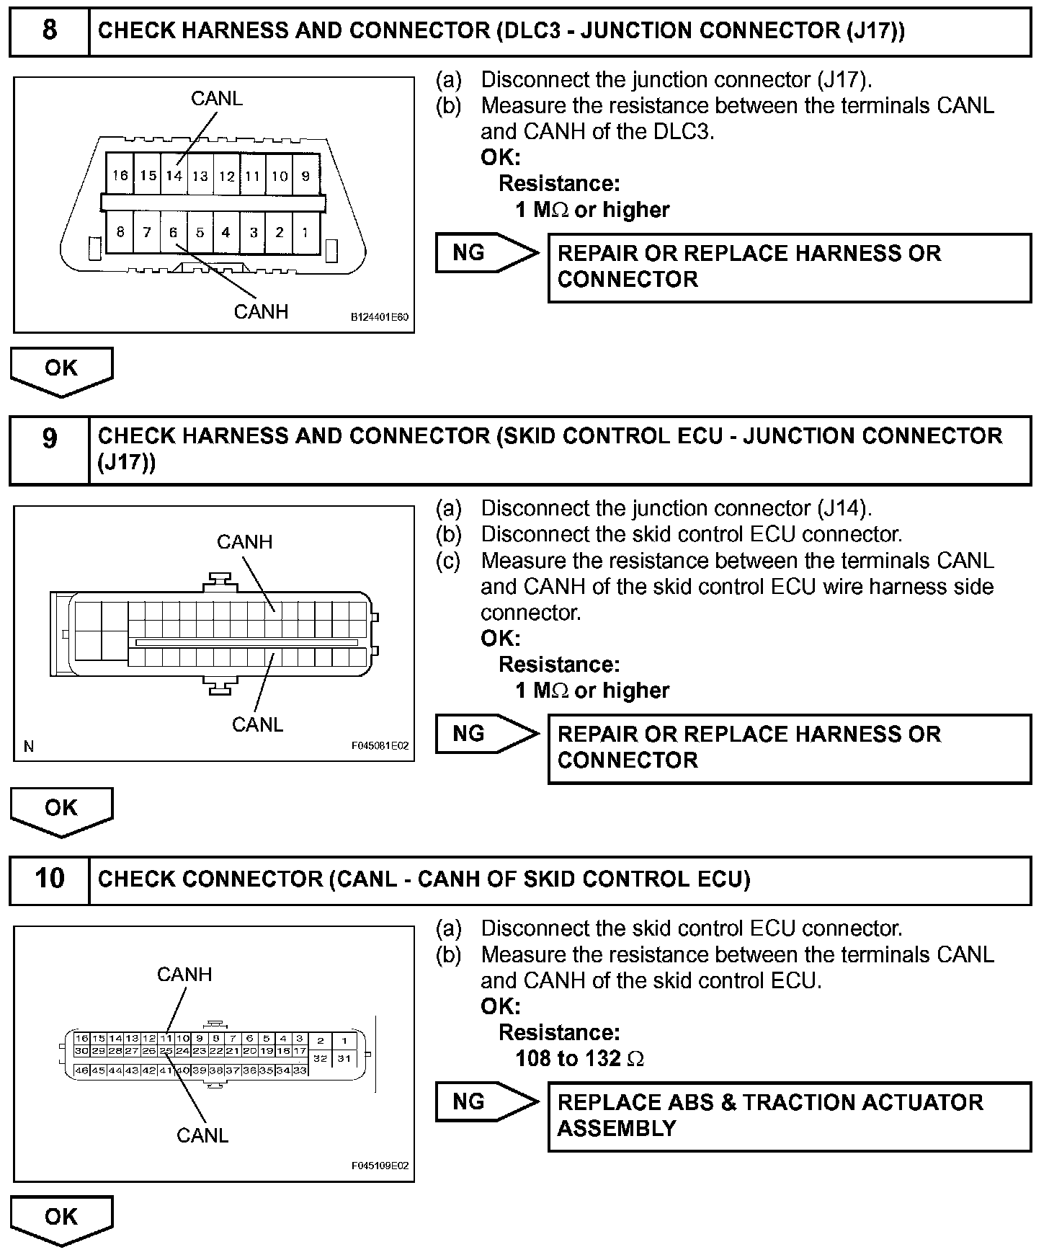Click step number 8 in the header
coord(49,30)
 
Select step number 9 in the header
coord(49,438)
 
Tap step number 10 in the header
coord(49,878)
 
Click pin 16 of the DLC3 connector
coord(120,174)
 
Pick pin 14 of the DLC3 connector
coord(174,174)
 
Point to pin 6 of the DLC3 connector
coord(173,232)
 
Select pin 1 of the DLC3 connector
coord(305,232)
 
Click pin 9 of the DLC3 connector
coord(305,175)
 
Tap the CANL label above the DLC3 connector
coord(216,98)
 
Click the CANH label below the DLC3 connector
coord(261,311)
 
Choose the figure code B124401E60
coord(380,317)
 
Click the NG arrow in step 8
coord(486,252)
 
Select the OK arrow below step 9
coord(61,809)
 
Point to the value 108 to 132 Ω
coord(579,1058)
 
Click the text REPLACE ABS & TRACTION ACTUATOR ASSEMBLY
coord(769,1114)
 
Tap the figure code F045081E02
coord(380,745)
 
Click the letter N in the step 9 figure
coord(29,746)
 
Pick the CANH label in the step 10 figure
coord(184,974)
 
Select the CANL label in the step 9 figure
coord(257,724)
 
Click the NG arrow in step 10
coord(486,1101)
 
